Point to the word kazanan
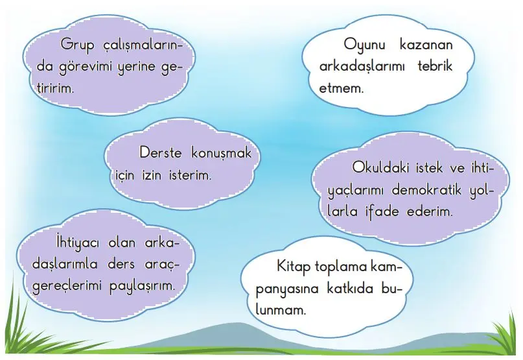click(x=429, y=45)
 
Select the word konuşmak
click(x=224, y=154)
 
